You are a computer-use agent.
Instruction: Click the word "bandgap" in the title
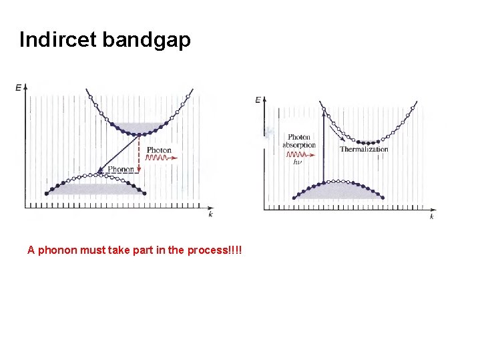click(x=147, y=40)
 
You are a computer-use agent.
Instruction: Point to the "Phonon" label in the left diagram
click(x=121, y=170)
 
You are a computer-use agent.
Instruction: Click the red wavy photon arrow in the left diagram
click(x=158, y=160)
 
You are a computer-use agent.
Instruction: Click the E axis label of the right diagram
click(x=258, y=100)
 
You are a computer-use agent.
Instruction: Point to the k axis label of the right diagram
click(x=431, y=216)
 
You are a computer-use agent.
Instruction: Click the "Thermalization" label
click(x=364, y=150)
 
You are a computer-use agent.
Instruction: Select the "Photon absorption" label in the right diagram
click(x=299, y=141)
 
